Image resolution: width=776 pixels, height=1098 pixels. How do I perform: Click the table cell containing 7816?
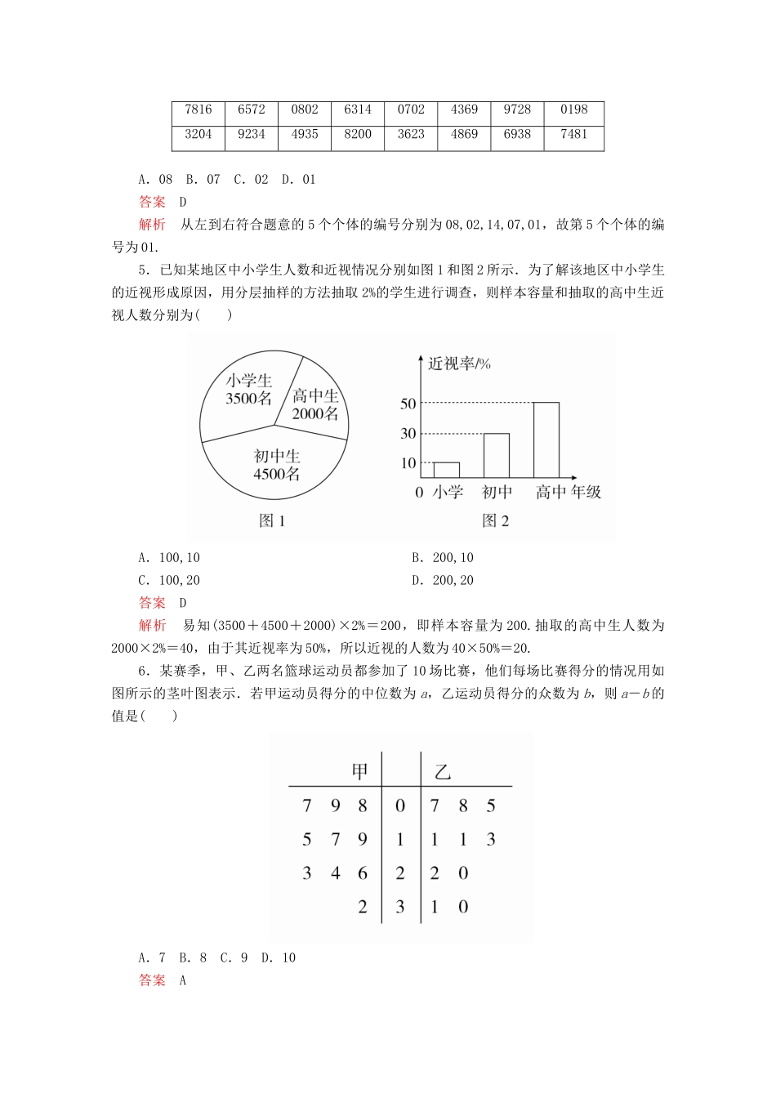pyautogui.click(x=198, y=109)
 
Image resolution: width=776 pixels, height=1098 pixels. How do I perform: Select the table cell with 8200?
pyautogui.click(x=358, y=135)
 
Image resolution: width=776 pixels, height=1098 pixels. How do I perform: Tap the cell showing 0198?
pyautogui.click(x=574, y=109)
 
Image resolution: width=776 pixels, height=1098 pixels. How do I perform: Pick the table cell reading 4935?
pyautogui.click(x=305, y=135)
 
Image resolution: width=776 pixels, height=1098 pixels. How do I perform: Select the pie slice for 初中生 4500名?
pyautogui.click(x=276, y=466)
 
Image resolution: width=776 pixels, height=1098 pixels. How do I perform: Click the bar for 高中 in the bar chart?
pyautogui.click(x=546, y=440)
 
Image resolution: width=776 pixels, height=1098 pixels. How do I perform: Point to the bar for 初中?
pyautogui.click(x=497, y=455)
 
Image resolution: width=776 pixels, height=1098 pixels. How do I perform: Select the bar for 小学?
pyautogui.click(x=446, y=470)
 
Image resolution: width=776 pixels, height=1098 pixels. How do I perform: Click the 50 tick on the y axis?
pyautogui.click(x=408, y=404)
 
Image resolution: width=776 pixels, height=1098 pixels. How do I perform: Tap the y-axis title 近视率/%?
pyautogui.click(x=459, y=364)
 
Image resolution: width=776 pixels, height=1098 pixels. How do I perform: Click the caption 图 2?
pyautogui.click(x=496, y=521)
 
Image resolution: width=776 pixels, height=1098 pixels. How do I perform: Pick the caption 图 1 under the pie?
pyautogui.click(x=272, y=521)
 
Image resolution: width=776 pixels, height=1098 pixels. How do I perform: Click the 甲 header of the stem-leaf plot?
pyautogui.click(x=360, y=772)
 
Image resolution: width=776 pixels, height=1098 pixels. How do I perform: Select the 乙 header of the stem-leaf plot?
pyautogui.click(x=443, y=772)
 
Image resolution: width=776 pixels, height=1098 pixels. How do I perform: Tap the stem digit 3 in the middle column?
pyautogui.click(x=400, y=907)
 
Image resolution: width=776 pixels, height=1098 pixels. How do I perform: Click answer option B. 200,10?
pyautogui.click(x=443, y=558)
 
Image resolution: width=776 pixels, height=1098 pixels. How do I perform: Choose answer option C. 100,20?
pyautogui.click(x=169, y=581)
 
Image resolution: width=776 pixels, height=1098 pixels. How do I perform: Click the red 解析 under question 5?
pyautogui.click(x=152, y=626)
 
